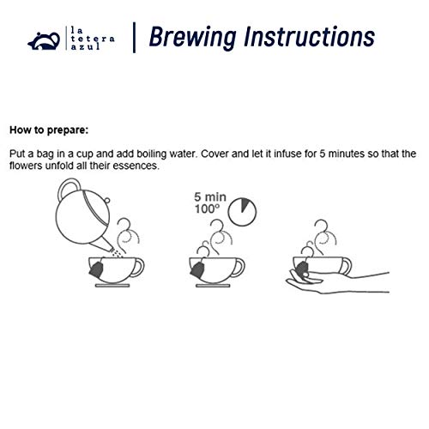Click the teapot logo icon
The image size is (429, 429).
(44, 41)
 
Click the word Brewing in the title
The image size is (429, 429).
(193, 37)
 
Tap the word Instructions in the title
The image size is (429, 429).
(309, 37)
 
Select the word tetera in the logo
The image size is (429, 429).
(93, 39)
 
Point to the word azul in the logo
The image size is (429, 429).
(85, 46)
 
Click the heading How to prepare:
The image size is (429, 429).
(49, 130)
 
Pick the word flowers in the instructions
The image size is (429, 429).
(26, 166)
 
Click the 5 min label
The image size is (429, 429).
(210, 197)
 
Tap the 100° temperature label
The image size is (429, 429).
(208, 209)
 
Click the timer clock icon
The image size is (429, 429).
(242, 212)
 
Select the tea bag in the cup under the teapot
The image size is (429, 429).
(96, 269)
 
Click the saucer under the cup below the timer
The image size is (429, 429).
(213, 286)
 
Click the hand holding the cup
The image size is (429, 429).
(337, 282)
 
